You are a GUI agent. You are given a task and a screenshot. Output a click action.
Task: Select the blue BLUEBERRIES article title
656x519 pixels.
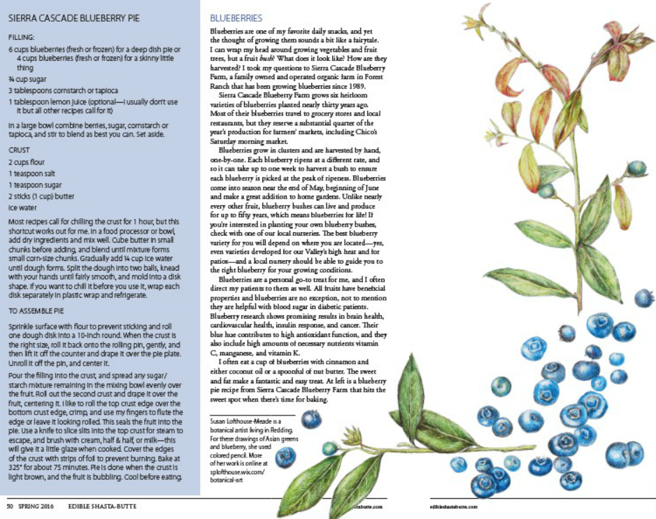(x=236, y=17)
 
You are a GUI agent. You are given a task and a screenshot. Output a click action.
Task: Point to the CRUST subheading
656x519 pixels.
(x=19, y=150)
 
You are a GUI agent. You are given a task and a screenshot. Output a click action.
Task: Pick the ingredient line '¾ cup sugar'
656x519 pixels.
(x=29, y=79)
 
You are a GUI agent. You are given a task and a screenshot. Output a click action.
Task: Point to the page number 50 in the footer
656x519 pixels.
(x=10, y=505)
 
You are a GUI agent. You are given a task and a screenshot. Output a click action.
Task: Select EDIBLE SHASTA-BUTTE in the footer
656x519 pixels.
(x=87, y=505)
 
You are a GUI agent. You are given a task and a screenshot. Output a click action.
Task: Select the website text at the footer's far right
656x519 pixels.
(x=453, y=505)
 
